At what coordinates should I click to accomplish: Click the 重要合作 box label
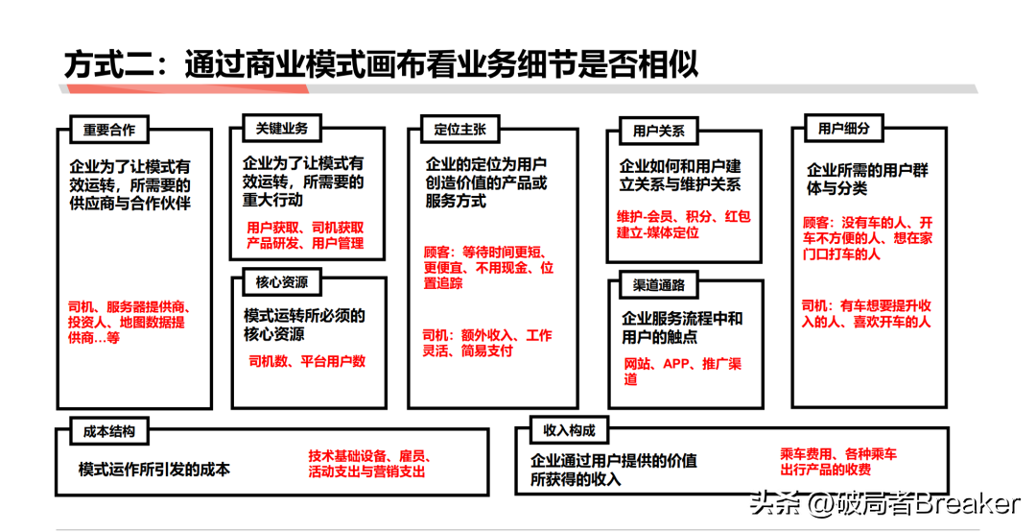coord(109,131)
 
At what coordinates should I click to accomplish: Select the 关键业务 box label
coord(275,128)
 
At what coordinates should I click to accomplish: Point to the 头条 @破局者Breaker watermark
coord(883,503)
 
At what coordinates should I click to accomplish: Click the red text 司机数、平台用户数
coord(307,362)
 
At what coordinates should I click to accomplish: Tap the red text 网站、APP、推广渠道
coord(681,372)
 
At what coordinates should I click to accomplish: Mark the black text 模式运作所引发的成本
coord(154,470)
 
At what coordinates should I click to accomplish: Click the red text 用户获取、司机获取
coord(305,228)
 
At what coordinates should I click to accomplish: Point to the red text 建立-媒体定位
coord(658,232)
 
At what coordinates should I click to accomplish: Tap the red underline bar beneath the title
coord(182,88)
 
